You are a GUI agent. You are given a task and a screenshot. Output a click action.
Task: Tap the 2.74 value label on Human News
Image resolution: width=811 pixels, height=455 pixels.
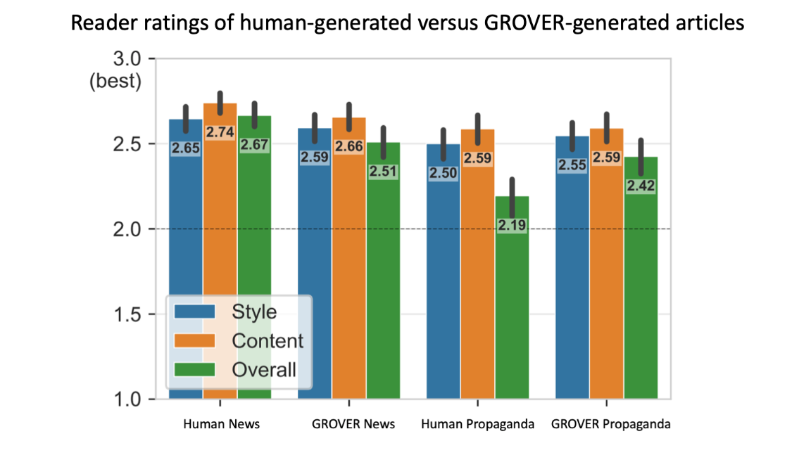[x=220, y=132]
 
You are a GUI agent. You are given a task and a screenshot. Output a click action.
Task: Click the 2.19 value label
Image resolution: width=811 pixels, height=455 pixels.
[x=512, y=226]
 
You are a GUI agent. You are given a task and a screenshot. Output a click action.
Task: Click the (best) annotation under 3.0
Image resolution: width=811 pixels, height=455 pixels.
[x=115, y=81]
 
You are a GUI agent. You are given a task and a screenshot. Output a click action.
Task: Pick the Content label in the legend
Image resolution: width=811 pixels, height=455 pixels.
[x=268, y=341]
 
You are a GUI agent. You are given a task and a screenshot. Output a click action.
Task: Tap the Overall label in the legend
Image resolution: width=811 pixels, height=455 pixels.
[x=264, y=369]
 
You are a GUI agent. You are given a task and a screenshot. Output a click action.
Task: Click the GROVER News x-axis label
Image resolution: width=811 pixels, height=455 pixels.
[x=353, y=424]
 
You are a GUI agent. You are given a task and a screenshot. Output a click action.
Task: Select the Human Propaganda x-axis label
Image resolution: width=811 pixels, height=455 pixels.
[x=477, y=424]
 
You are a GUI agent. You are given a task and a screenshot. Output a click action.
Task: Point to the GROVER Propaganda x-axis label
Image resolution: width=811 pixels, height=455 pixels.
[x=610, y=424]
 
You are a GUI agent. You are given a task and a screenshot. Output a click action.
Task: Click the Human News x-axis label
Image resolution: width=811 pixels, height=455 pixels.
[x=221, y=424]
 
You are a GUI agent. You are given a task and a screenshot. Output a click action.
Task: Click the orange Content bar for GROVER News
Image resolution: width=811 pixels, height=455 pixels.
[x=349, y=281]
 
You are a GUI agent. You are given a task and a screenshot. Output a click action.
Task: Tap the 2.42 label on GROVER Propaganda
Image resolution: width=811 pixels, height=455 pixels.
[x=641, y=186]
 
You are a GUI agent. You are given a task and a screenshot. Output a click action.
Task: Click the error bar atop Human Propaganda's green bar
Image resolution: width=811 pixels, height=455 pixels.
[x=512, y=198]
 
